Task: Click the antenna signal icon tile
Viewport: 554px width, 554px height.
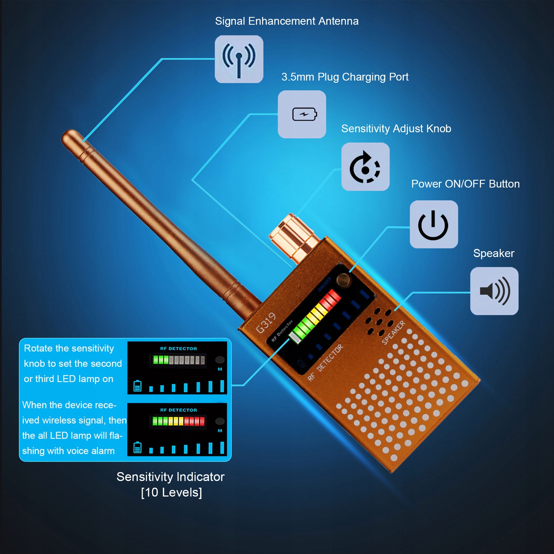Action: (239, 59)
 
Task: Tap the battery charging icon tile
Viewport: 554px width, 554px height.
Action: (302, 114)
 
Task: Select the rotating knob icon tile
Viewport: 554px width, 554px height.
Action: (365, 167)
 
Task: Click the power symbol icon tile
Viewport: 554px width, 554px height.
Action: (434, 225)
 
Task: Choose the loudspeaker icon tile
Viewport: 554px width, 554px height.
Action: (494, 291)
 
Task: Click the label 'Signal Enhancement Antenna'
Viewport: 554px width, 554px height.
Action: (287, 21)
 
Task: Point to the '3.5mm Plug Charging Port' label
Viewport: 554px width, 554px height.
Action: (345, 77)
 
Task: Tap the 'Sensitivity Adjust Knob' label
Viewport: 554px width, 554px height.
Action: (396, 129)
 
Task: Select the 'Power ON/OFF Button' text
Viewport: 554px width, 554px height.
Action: (465, 184)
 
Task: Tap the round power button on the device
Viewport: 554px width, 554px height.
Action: (344, 280)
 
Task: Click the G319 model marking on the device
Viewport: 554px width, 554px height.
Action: (266, 323)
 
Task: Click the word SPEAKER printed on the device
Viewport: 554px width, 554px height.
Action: (393, 333)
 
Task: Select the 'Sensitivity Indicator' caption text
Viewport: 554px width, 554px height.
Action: (170, 477)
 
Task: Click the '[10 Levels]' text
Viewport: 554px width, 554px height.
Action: (171, 492)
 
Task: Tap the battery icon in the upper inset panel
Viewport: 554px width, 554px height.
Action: (137, 385)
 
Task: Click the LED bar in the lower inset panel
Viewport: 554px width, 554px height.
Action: (179, 421)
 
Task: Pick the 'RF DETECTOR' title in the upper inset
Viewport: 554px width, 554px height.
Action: (178, 348)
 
